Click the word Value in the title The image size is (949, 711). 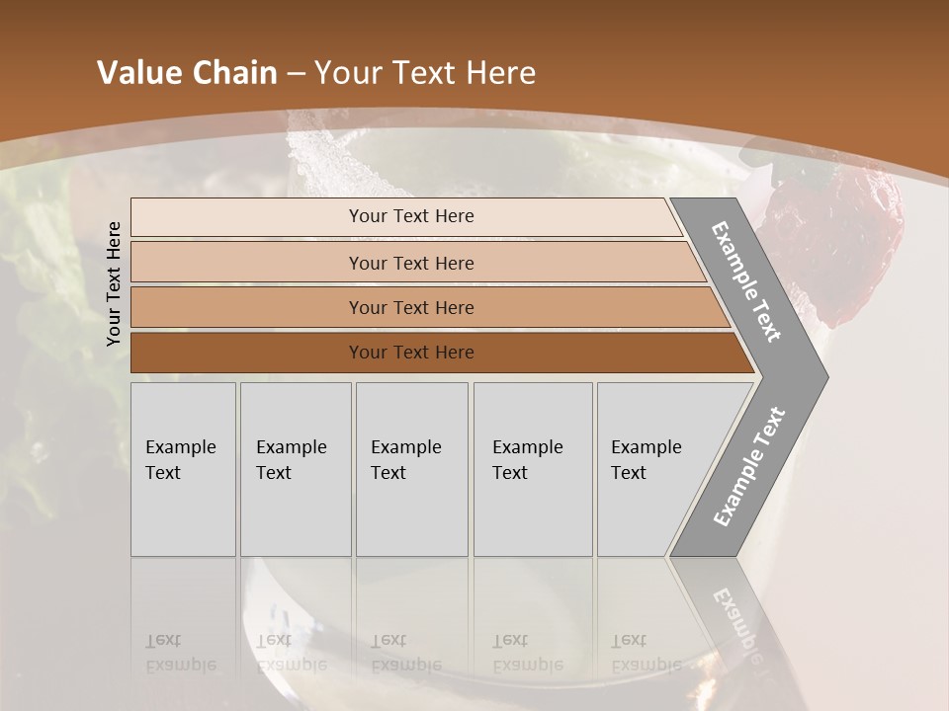pyautogui.click(x=138, y=73)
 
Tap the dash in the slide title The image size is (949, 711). pyautogui.click(x=296, y=74)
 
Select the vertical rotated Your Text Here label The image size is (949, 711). pyautogui.click(x=114, y=283)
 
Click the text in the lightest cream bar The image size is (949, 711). pyautogui.click(x=411, y=216)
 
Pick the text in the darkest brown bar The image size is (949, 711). pyautogui.click(x=411, y=353)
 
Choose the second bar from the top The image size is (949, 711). pyautogui.click(x=411, y=263)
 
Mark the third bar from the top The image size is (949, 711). pyautogui.click(x=411, y=307)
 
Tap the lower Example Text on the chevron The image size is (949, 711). pyautogui.click(x=749, y=467)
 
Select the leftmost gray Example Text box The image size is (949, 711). pyautogui.click(x=183, y=469)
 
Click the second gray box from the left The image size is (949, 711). pyautogui.click(x=295, y=469)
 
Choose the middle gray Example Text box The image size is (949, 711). pyautogui.click(x=411, y=469)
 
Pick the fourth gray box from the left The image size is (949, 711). pyautogui.click(x=532, y=469)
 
